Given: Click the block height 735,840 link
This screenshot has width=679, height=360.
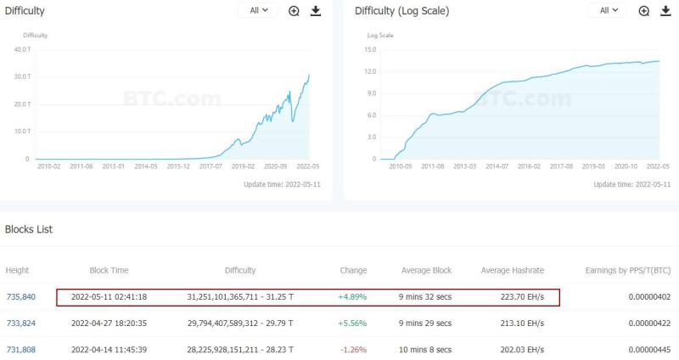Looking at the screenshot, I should tap(20, 297).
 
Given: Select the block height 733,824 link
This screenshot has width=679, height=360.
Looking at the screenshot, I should tap(20, 323).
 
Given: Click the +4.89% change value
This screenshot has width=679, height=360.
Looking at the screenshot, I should tap(352, 297).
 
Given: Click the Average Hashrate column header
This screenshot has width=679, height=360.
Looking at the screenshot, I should tap(513, 270).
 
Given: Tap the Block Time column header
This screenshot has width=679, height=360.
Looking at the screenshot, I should tap(109, 270).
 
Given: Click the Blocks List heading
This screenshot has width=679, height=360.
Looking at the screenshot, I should tap(29, 229).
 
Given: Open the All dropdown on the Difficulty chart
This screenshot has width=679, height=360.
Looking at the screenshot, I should tap(258, 10).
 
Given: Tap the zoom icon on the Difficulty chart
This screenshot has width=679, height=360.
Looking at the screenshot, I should tap(294, 11).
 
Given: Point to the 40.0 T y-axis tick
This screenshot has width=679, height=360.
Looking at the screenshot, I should tap(22, 49).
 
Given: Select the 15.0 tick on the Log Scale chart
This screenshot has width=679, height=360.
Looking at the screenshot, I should tap(370, 49).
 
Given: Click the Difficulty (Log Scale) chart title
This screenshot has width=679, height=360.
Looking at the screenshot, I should tap(401, 11).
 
